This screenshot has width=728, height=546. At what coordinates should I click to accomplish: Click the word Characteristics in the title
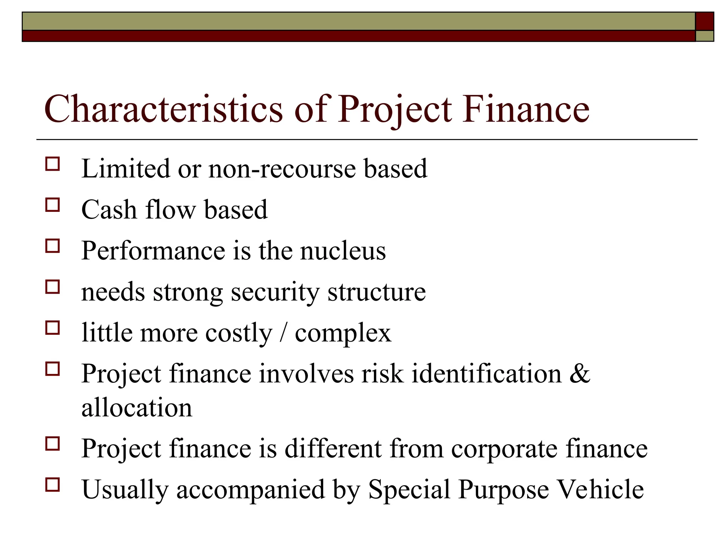pyautogui.click(x=163, y=109)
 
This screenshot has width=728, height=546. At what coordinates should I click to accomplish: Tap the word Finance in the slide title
pyautogui.click(x=526, y=109)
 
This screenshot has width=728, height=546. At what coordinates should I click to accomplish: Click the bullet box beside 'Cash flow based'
pyautogui.click(x=53, y=205)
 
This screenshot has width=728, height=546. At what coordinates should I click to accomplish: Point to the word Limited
pyautogui.click(x=125, y=168)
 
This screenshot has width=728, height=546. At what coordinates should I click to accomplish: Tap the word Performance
pyautogui.click(x=153, y=251)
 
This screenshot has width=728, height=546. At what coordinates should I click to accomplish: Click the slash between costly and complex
pyautogui.click(x=283, y=333)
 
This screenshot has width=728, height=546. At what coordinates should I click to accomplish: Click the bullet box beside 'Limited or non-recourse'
pyautogui.click(x=53, y=164)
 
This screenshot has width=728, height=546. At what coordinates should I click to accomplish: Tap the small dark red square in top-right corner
pyautogui.click(x=704, y=21)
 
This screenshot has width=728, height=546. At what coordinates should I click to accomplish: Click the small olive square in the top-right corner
pyautogui.click(x=704, y=36)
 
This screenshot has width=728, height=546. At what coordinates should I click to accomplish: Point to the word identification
pyautogui.click(x=486, y=374)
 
